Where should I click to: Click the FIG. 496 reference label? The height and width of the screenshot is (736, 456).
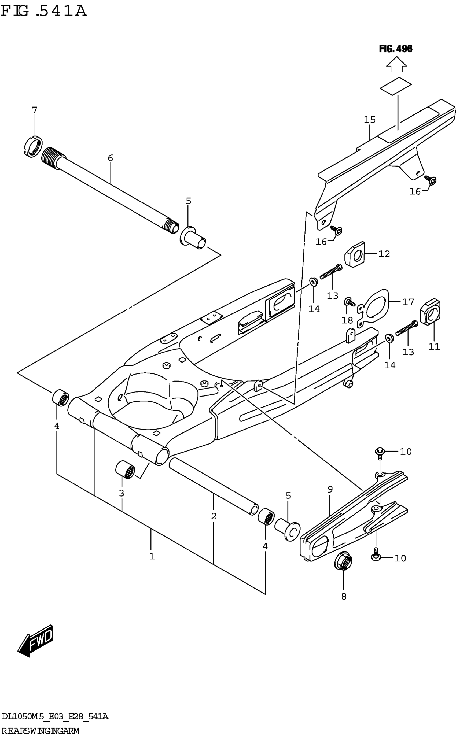[x=396, y=49]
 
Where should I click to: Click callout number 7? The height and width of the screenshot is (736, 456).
[x=34, y=110]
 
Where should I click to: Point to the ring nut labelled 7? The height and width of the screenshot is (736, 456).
[x=33, y=147]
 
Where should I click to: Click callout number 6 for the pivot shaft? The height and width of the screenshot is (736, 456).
[x=111, y=158]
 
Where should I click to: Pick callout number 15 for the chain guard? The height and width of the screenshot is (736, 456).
[x=370, y=120]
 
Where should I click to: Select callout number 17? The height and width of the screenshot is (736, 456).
[x=408, y=302]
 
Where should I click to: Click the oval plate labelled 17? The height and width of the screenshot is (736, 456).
[x=374, y=308]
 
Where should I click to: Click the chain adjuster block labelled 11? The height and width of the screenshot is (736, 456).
[x=430, y=312]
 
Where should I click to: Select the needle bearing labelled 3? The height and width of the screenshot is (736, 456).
[x=125, y=469]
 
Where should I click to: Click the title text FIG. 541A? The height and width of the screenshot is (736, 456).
[x=44, y=11]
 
